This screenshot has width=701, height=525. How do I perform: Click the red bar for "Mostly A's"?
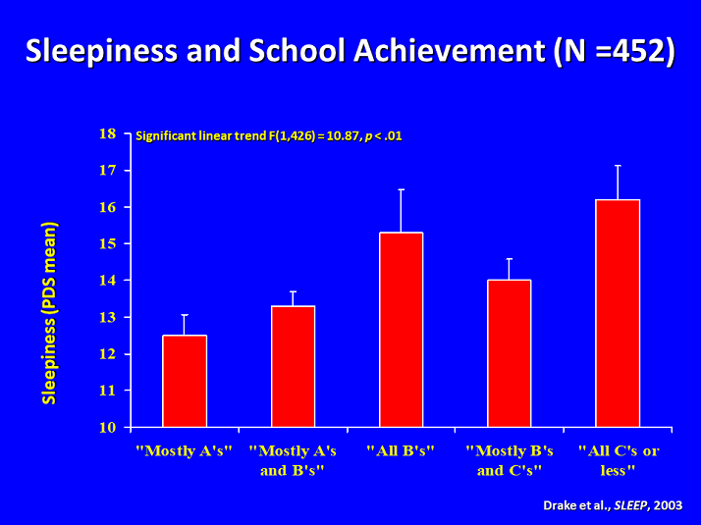click(x=185, y=381)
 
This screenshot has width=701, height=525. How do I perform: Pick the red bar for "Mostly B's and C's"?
click(x=509, y=353)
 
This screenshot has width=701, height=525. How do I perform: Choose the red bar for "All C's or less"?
click(x=618, y=313)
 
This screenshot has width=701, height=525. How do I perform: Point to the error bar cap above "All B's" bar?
click(x=401, y=189)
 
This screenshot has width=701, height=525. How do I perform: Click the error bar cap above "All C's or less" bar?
click(x=618, y=166)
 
